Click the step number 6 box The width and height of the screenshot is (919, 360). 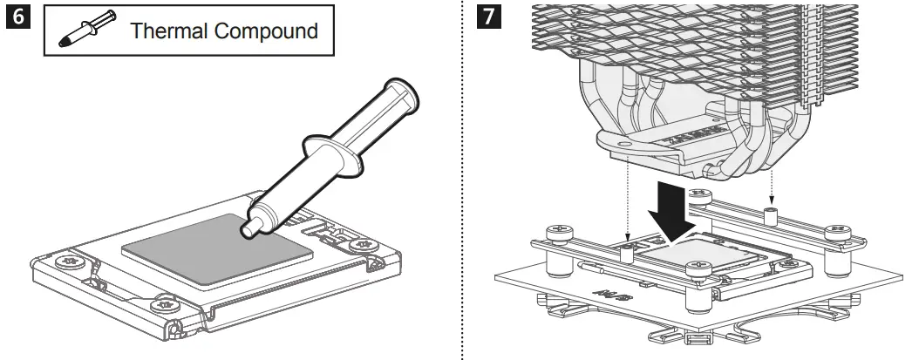17,18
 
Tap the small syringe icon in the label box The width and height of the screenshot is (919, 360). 79,31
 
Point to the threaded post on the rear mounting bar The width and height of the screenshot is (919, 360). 771,214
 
